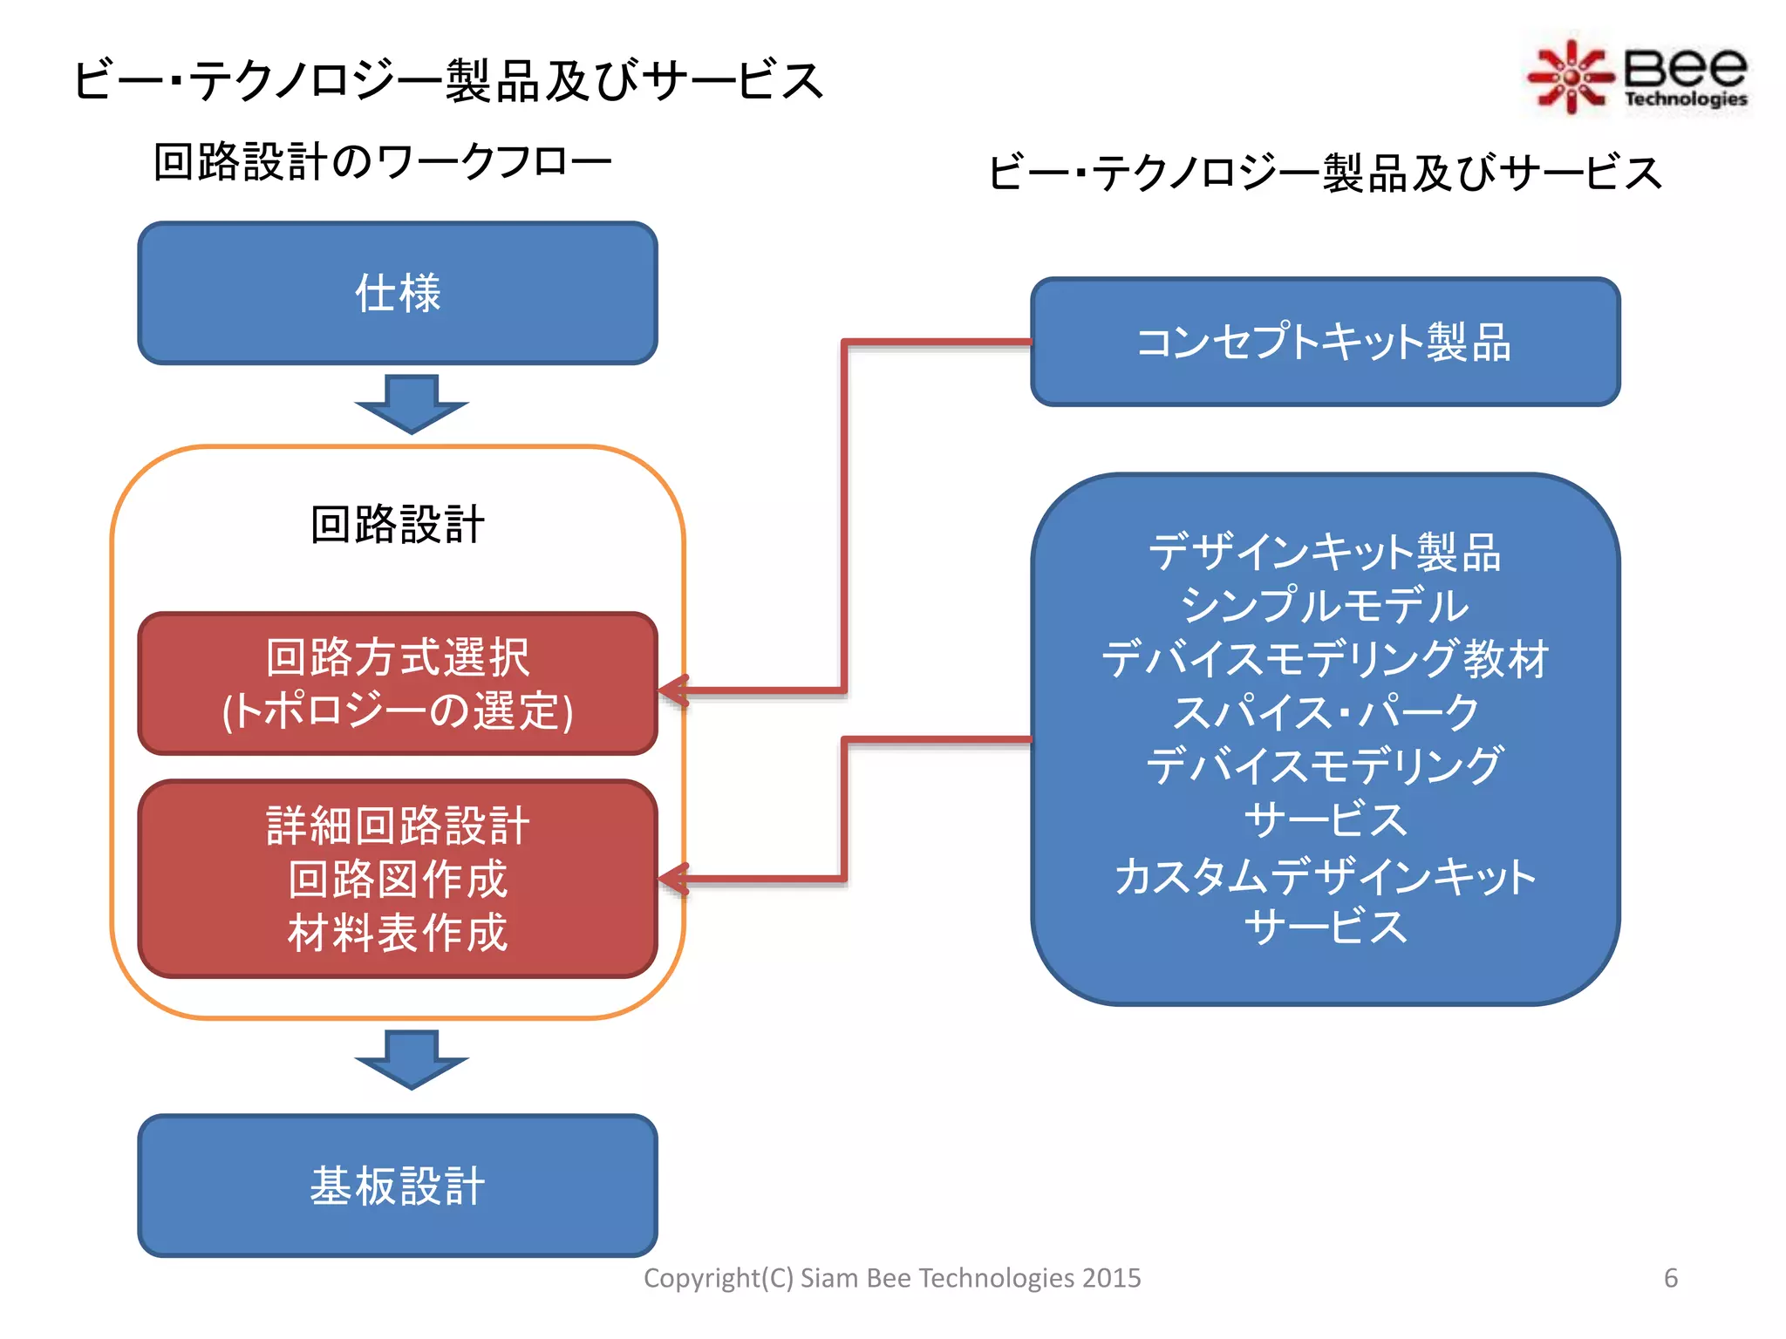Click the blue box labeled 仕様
(x=398, y=293)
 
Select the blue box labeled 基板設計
(x=398, y=1186)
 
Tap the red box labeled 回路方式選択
(x=398, y=683)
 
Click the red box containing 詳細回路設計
(x=398, y=879)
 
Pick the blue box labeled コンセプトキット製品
(x=1325, y=342)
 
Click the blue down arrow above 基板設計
(x=412, y=1059)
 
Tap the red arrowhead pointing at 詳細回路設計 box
(x=673, y=880)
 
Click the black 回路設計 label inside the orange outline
(x=398, y=525)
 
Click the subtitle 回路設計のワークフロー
(x=382, y=162)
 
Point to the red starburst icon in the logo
(x=1569, y=77)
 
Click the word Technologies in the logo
(x=1685, y=99)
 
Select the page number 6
(x=1670, y=1278)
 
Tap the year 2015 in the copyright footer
(x=1111, y=1278)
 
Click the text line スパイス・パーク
(x=1325, y=712)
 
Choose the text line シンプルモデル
(x=1325, y=605)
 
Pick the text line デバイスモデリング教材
(x=1325, y=659)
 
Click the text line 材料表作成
(x=398, y=933)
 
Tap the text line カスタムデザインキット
(x=1325, y=875)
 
